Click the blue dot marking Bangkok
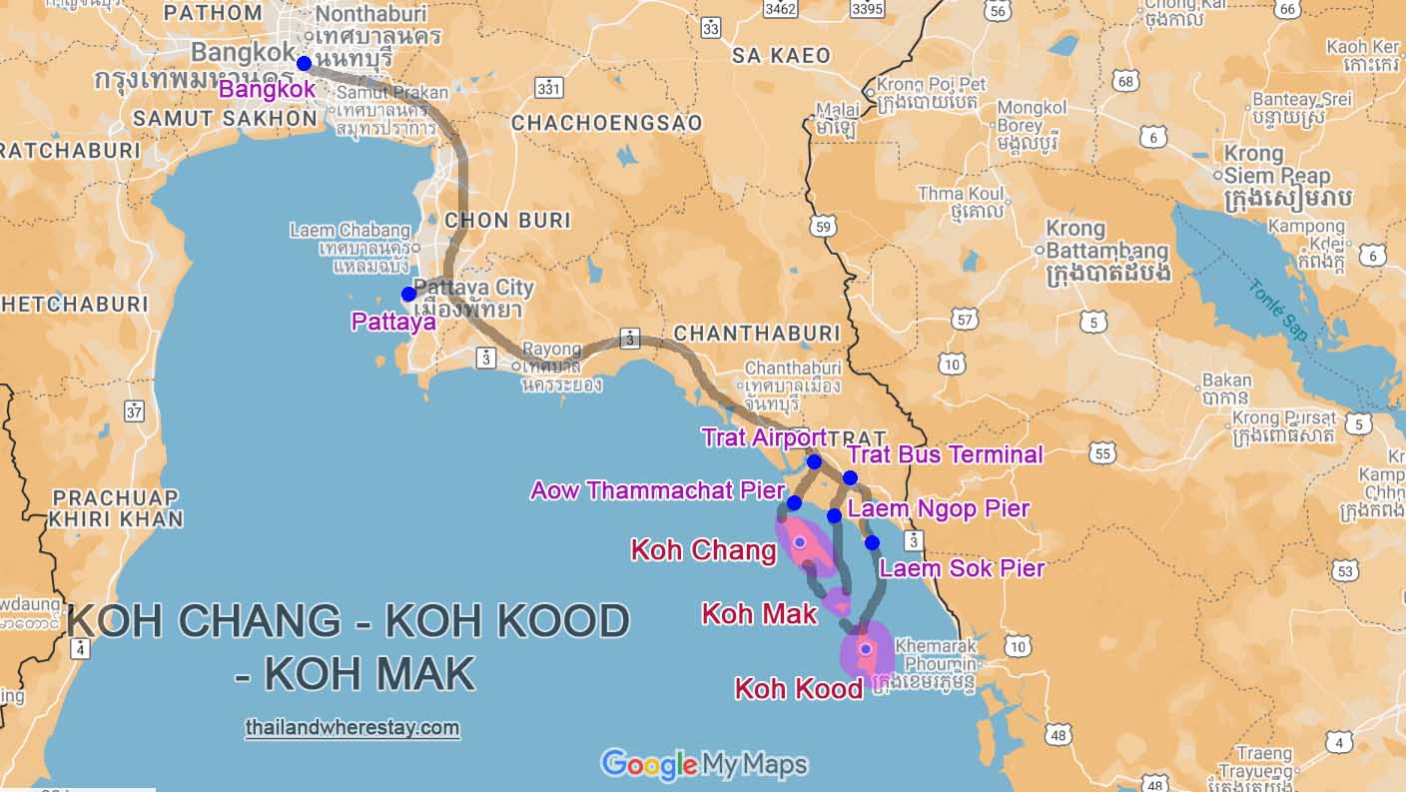coord(304,63)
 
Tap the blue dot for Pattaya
coord(408,294)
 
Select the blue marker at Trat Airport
coord(814,461)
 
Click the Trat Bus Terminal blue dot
coord(850,477)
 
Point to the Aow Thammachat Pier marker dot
coord(794,502)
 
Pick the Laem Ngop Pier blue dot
coord(834,515)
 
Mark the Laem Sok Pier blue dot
coord(872,542)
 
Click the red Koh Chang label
coord(704,550)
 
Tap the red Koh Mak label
coord(759,613)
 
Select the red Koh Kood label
coord(798,689)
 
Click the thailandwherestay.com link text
coord(351,728)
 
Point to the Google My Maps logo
coord(703,765)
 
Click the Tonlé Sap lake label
coord(1277,309)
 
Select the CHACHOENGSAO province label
coord(606,123)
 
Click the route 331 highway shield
coord(548,89)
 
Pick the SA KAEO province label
coord(781,55)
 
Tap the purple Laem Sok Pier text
coord(961,568)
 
